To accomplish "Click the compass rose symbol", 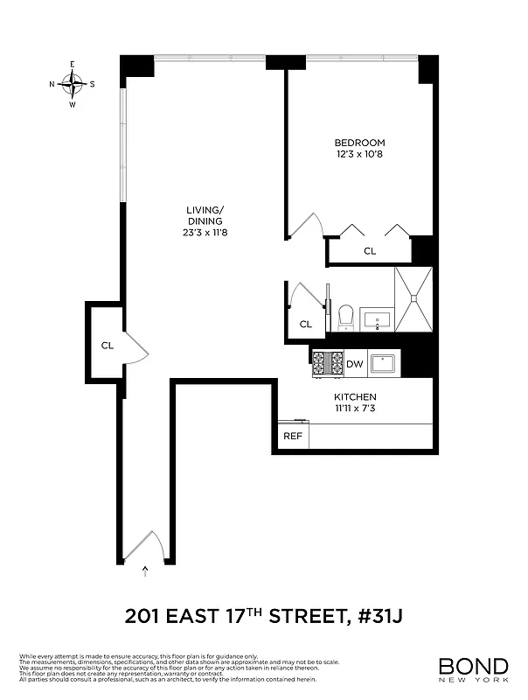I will [73, 84].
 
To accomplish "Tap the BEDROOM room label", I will [359, 143].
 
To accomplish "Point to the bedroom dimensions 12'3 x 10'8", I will [359, 155].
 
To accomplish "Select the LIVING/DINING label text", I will [205, 215].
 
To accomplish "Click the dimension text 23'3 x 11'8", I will [205, 233].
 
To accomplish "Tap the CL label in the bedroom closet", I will [370, 251].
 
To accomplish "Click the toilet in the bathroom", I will [344, 317].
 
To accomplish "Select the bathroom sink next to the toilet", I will [379, 320].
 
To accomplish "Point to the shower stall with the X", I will [413, 299].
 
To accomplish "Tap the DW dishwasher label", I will [354, 364].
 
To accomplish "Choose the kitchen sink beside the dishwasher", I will [384, 363].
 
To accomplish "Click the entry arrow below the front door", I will [145, 571].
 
